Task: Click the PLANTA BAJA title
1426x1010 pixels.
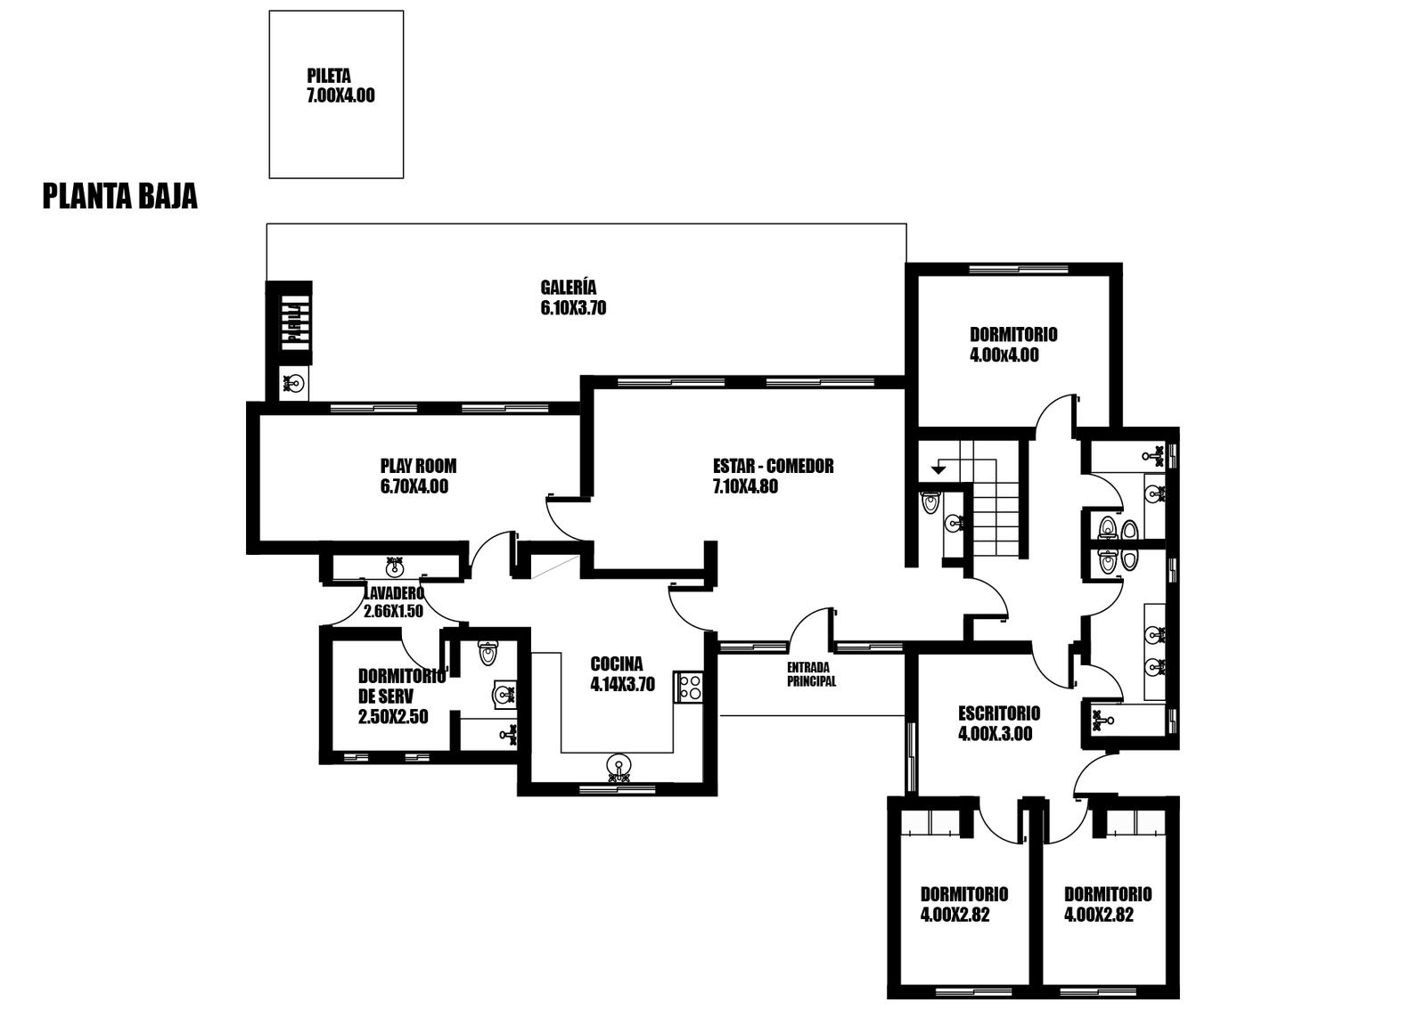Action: pos(119,197)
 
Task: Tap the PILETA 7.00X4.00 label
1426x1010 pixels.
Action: pos(340,86)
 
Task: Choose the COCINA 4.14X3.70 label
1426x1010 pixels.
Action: pos(622,674)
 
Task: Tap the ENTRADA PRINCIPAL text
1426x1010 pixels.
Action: pos(811,674)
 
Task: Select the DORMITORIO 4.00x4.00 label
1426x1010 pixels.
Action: pos(1012,344)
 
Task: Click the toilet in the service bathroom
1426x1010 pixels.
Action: pos(488,653)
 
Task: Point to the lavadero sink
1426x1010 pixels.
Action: pos(395,565)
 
